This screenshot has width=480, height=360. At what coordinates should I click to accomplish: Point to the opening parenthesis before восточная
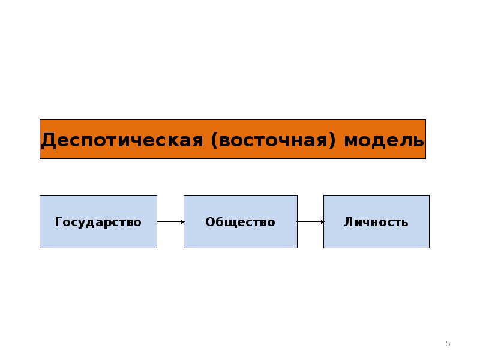click(x=214, y=140)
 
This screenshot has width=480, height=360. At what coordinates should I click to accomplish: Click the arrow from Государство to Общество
click(x=170, y=222)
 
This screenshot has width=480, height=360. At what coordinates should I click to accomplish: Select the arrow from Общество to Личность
click(x=310, y=222)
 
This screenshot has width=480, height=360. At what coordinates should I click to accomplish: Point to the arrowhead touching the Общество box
click(x=182, y=222)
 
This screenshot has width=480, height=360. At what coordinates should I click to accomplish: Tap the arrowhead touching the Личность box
click(x=322, y=222)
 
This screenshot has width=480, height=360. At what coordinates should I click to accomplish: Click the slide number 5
click(x=448, y=343)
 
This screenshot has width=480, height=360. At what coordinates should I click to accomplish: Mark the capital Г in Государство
click(x=58, y=222)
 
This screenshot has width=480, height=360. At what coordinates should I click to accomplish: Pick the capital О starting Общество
click(x=210, y=222)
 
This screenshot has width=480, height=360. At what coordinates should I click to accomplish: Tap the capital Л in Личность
click(x=349, y=222)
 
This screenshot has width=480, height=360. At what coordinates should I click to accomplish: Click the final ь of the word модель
click(x=419, y=141)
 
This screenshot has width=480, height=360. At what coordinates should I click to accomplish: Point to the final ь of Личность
click(x=405, y=223)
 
